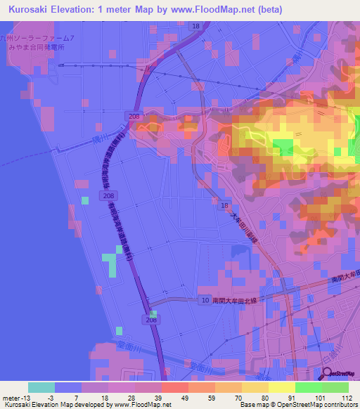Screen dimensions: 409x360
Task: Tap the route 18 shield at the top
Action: coord(195,26)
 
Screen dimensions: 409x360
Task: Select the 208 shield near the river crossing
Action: coord(134,115)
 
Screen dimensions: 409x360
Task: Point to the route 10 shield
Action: coord(204,300)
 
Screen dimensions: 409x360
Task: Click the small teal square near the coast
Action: coord(85,200)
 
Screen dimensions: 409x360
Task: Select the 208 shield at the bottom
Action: coord(153,320)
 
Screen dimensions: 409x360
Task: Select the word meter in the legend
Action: coord(12,398)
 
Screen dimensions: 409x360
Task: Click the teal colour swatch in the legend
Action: coord(41,387)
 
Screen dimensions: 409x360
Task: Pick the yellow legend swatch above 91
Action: coord(282,387)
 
